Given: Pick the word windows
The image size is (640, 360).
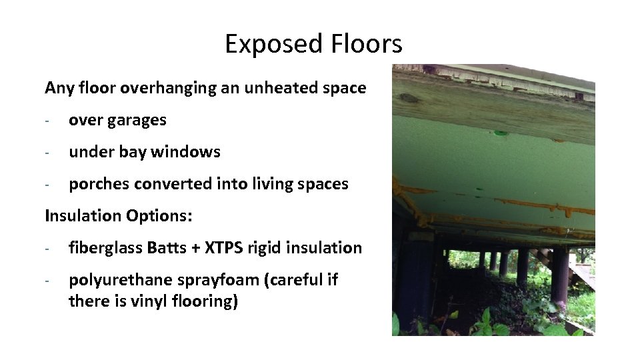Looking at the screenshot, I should [185, 152].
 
